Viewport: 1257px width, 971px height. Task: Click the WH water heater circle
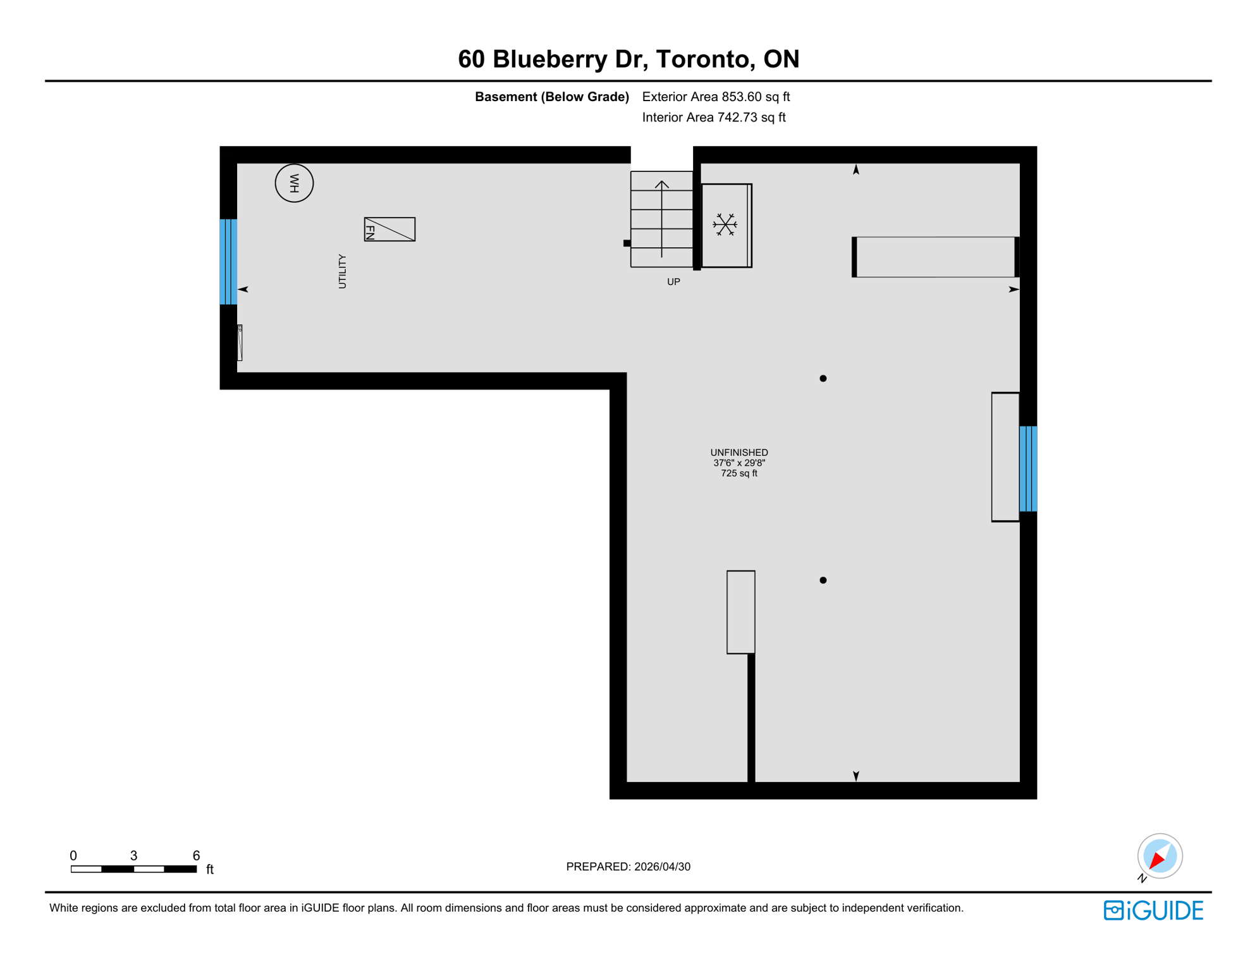click(x=294, y=183)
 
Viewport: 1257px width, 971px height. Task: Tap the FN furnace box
click(x=389, y=229)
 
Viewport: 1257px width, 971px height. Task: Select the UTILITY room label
click(x=342, y=271)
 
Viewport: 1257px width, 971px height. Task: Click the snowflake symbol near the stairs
click(x=725, y=225)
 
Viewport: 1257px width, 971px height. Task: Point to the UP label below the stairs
click(x=673, y=282)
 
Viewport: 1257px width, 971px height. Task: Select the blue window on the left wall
click(x=228, y=262)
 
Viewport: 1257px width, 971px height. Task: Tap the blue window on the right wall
click(x=1028, y=468)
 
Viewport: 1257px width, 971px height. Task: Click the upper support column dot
click(x=823, y=379)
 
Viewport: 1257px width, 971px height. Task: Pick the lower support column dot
click(x=823, y=580)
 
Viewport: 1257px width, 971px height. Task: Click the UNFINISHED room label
click(x=739, y=453)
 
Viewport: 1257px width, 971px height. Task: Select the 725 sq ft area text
click(x=739, y=473)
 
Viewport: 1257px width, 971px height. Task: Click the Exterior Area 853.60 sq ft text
click(x=716, y=97)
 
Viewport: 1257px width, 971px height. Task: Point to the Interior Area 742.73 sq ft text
click(x=713, y=118)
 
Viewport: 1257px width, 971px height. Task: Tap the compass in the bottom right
click(x=1160, y=856)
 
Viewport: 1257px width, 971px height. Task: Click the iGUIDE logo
click(x=1153, y=910)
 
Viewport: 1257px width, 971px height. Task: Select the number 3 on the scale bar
click(x=133, y=855)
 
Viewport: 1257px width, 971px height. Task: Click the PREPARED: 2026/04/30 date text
click(x=628, y=867)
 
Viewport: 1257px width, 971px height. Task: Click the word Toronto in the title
click(x=702, y=59)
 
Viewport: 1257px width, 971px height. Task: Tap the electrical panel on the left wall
click(x=240, y=343)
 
